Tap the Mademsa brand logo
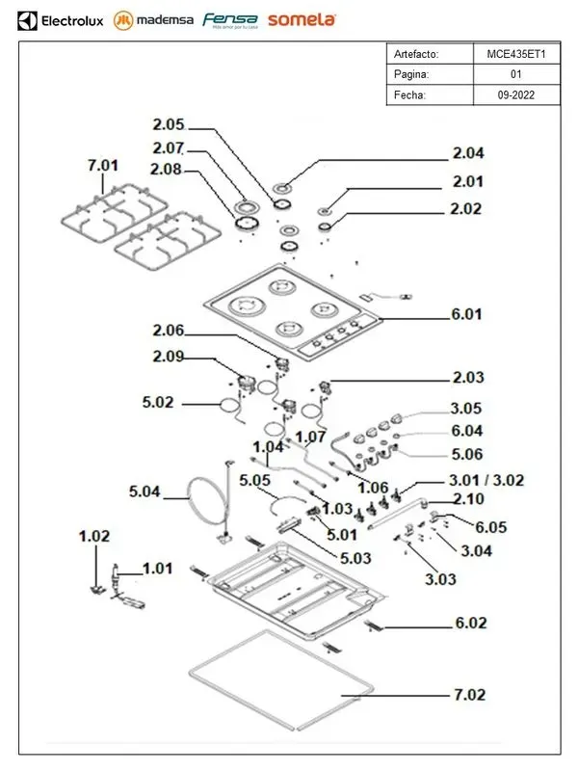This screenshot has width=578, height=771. click(x=153, y=19)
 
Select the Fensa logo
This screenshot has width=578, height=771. click(x=229, y=19)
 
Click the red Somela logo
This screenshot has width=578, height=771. click(x=302, y=19)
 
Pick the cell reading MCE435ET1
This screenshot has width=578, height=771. click(x=516, y=54)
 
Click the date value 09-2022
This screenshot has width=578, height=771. click(x=516, y=94)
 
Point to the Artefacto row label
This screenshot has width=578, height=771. click(x=415, y=54)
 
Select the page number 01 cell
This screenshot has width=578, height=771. click(x=516, y=74)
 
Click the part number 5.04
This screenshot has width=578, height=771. click(x=145, y=492)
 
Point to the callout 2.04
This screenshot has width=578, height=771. click(x=469, y=153)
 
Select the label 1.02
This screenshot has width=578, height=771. click(x=94, y=535)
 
